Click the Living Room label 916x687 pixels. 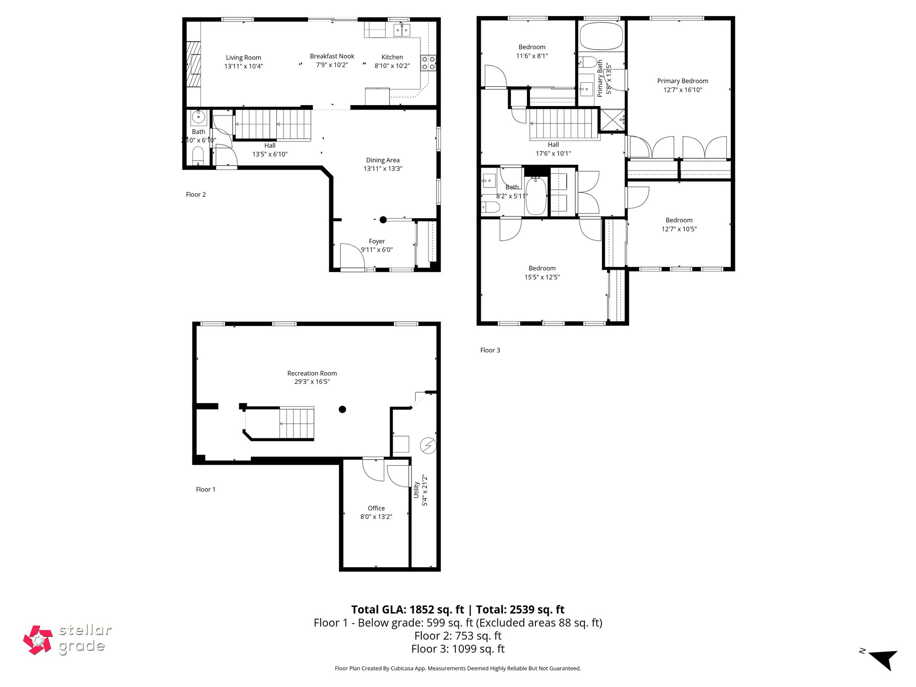coord(243,58)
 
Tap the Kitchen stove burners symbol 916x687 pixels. coord(428,63)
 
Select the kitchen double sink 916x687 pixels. coord(402,30)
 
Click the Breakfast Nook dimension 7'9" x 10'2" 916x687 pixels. coord(332,65)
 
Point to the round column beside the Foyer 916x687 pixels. coord(383,220)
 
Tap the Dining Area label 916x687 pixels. coord(382,160)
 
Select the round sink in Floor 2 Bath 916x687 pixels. coord(198,118)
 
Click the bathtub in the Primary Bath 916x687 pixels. coord(601,36)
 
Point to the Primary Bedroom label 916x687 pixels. coord(683,81)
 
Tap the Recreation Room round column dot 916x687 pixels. coord(342,409)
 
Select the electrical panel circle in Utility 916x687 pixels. coord(428,446)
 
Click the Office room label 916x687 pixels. coord(376,508)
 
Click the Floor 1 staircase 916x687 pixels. coord(296,423)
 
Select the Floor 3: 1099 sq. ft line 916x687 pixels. coord(458,649)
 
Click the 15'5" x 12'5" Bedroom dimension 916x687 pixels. coord(542,277)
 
